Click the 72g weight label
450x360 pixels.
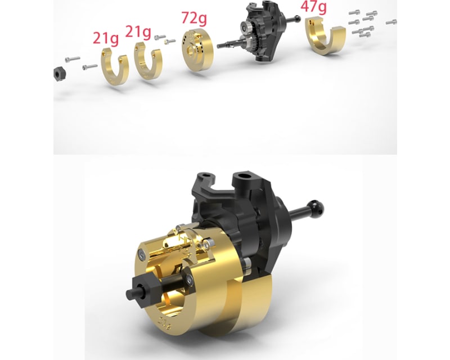tap(194, 19)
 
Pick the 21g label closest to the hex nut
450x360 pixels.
tap(106, 38)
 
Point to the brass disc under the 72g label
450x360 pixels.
tap(197, 49)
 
